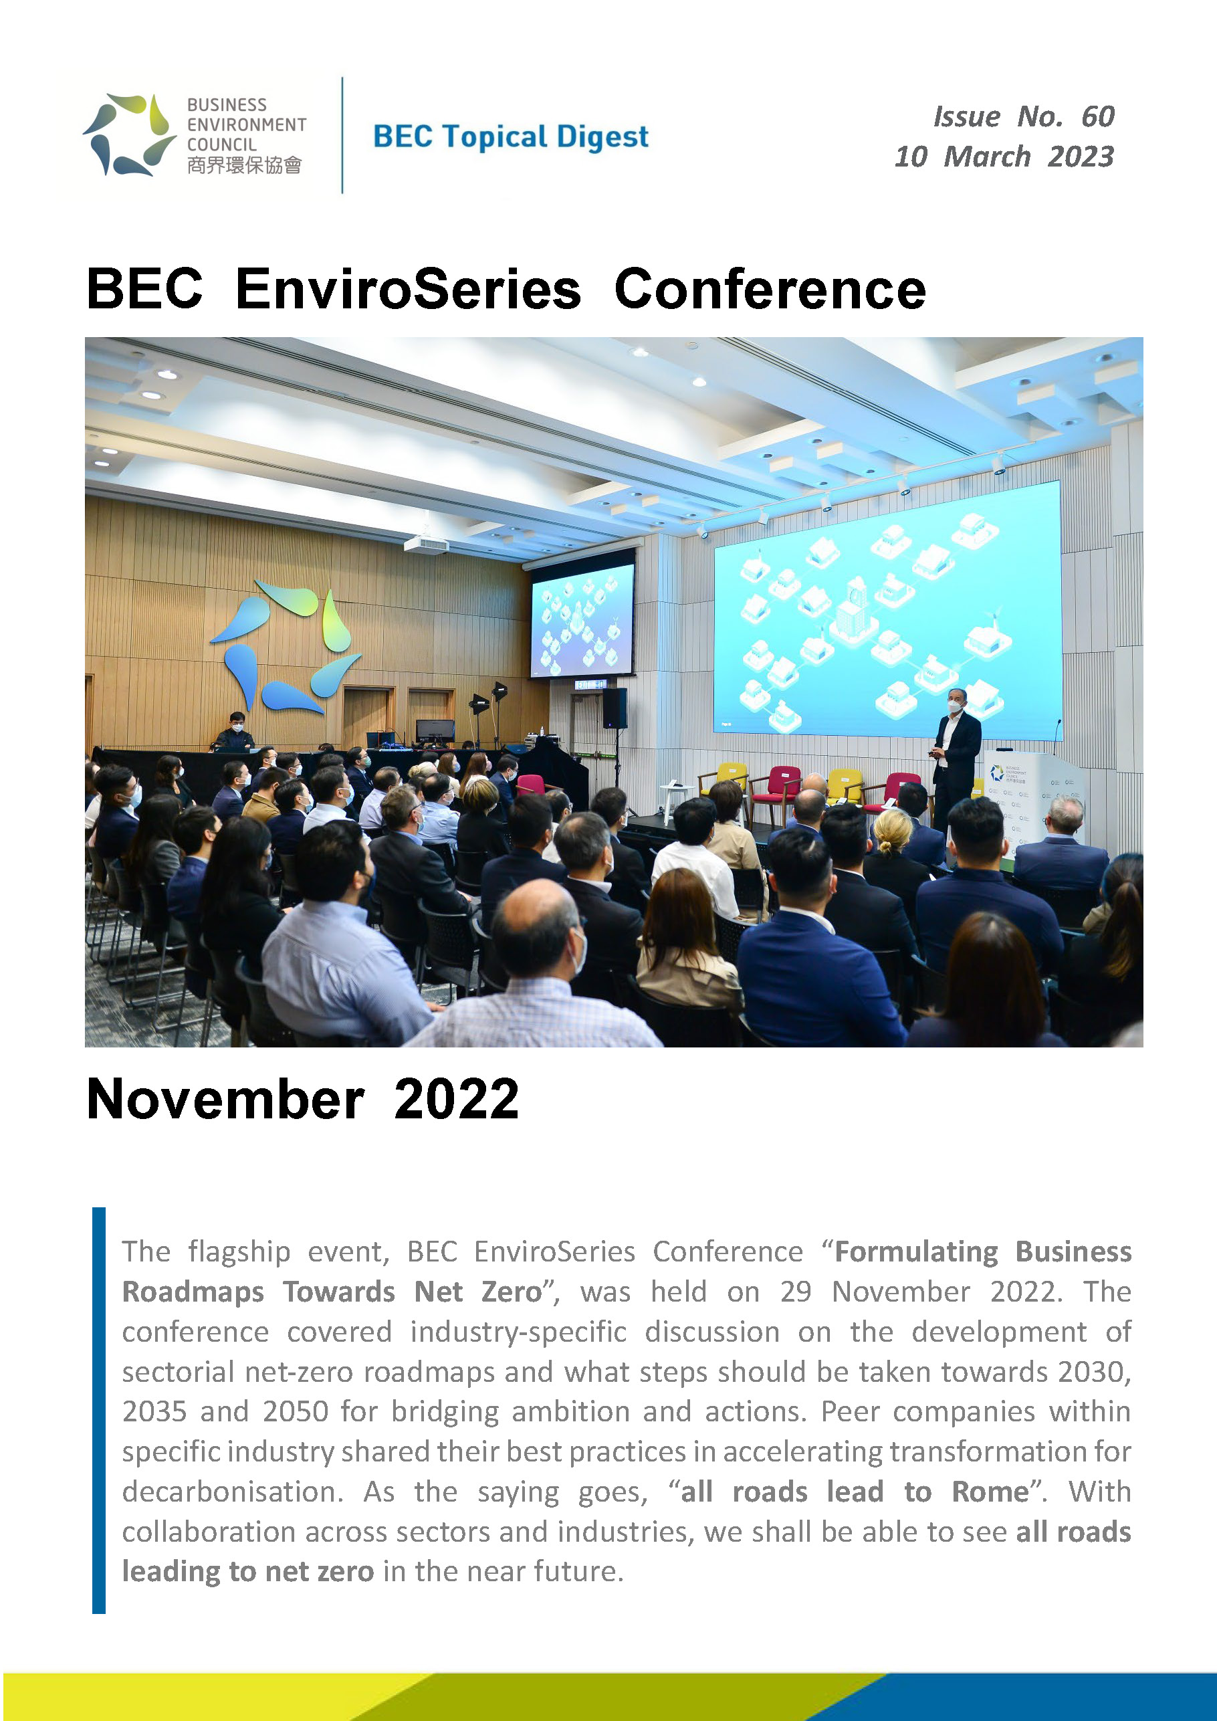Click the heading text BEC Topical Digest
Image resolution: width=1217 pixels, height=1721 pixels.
pyautogui.click(x=510, y=137)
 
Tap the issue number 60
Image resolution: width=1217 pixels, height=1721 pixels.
pyautogui.click(x=1098, y=117)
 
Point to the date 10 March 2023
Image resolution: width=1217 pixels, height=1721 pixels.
pyautogui.click(x=1004, y=157)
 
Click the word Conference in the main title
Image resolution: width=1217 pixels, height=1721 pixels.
pyautogui.click(x=770, y=290)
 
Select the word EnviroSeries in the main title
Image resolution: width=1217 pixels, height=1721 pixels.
pyautogui.click(x=409, y=290)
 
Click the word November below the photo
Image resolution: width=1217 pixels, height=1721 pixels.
pyautogui.click(x=225, y=1099)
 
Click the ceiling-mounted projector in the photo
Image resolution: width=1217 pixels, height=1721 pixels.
pyautogui.click(x=427, y=542)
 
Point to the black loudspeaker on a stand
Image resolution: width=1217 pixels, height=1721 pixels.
pyautogui.click(x=615, y=708)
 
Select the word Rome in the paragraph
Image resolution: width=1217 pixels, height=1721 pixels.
pyautogui.click(x=990, y=1492)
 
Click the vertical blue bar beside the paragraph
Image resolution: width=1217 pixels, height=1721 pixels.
pyautogui.click(x=99, y=1410)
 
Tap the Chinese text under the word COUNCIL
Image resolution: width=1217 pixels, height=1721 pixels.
pyautogui.click(x=244, y=165)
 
